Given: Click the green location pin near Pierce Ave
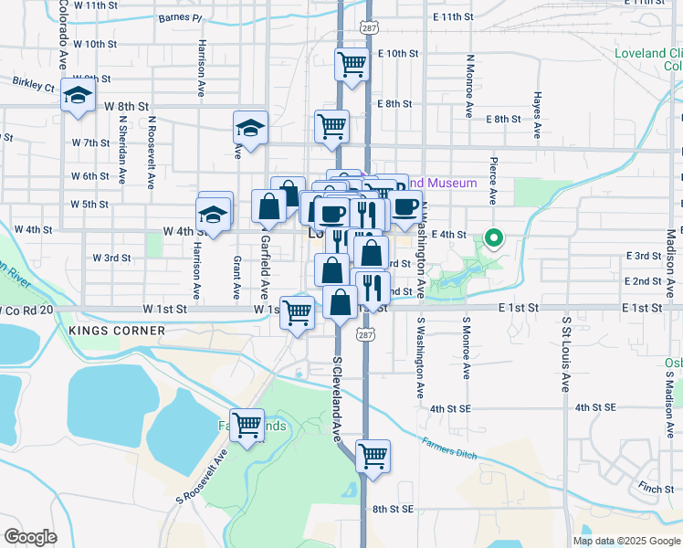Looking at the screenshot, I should (x=494, y=238).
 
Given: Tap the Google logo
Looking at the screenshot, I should (x=30, y=536).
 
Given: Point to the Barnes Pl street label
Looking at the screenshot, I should (x=179, y=17).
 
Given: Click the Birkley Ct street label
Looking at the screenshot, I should (x=34, y=84).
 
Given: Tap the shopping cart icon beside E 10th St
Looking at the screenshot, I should (x=351, y=66).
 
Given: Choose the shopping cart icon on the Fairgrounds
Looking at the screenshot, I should (x=247, y=427).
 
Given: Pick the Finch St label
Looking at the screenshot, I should (x=656, y=489).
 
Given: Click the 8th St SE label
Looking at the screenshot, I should (x=393, y=509).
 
